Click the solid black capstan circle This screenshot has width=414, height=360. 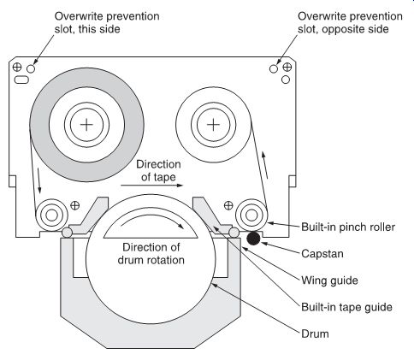tap(253, 239)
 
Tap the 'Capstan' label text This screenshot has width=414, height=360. tap(322, 254)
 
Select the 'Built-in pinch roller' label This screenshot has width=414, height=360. tap(348, 227)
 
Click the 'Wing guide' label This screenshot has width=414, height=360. tap(329, 280)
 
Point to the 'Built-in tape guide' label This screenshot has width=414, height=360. tap(346, 307)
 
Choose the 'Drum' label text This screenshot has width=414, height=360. tap(315, 333)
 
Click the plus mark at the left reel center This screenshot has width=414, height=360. tap(86, 125)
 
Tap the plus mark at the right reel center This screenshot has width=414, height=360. tap(213, 125)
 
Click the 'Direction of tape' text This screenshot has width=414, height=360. tap(158, 171)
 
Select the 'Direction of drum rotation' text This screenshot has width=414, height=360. tap(151, 253)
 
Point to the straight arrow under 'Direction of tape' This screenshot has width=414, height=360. tap(151, 186)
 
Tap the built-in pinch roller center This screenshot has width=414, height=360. tap(251, 215)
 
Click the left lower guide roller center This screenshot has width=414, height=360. tap(51, 215)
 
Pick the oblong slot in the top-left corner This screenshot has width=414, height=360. tap(21, 80)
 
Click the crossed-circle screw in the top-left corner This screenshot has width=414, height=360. tap(17, 68)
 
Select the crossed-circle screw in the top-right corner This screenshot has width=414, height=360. tap(287, 68)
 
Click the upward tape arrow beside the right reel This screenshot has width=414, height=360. tap(265, 165)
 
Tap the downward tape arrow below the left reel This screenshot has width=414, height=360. tap(38, 180)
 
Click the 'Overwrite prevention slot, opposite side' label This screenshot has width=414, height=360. tap(350, 22)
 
